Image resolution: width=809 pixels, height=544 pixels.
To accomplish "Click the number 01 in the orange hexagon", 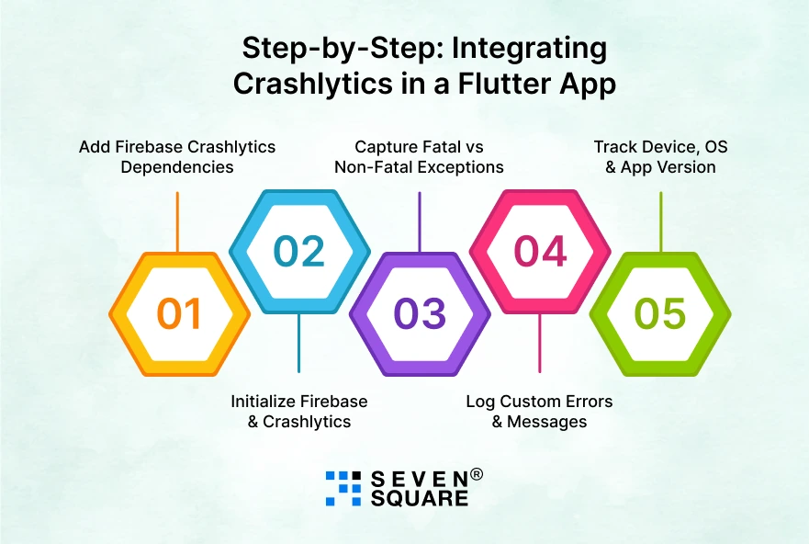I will pyautogui.click(x=179, y=314).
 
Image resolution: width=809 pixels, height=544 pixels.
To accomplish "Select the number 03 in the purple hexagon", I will pyautogui.click(x=420, y=314).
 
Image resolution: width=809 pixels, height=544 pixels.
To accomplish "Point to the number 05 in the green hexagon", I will pyautogui.click(x=660, y=314).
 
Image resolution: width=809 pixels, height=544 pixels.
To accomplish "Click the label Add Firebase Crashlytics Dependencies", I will pyautogui.click(x=177, y=157).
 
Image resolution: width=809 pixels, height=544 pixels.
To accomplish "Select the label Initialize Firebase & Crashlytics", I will pyautogui.click(x=299, y=412).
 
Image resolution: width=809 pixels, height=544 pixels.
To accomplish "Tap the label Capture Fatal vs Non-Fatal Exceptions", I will pyautogui.click(x=419, y=157).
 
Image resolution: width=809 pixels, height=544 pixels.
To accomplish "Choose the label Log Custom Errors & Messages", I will pyautogui.click(x=539, y=412).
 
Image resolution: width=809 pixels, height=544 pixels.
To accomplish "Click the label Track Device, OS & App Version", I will pyautogui.click(x=660, y=157).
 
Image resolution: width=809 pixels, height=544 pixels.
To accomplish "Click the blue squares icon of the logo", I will pyautogui.click(x=343, y=488).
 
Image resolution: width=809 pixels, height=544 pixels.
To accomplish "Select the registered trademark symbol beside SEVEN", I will pyautogui.click(x=477, y=475).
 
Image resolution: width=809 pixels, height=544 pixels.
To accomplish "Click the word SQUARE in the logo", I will pyautogui.click(x=419, y=499).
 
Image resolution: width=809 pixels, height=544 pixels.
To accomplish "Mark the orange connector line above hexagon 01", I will pyautogui.click(x=177, y=221).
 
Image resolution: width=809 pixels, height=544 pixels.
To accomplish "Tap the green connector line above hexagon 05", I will pyautogui.click(x=660, y=221).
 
